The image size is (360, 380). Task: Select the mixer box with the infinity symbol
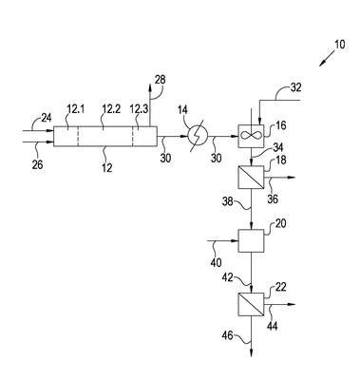point(251,137)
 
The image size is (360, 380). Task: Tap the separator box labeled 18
point(251,178)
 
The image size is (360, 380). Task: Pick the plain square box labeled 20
point(251,241)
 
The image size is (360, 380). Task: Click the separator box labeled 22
point(251,304)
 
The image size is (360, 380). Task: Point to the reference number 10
point(339,45)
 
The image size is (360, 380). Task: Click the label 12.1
point(76,109)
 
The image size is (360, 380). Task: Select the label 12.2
point(111,109)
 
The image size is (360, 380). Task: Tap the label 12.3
point(139,109)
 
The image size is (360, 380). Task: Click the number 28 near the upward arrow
point(161,80)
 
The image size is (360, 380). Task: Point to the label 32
point(295,87)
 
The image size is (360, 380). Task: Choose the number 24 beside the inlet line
point(47,118)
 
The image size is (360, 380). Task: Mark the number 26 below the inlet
point(37,164)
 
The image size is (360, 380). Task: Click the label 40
point(216,262)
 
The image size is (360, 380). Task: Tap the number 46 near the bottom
point(228,334)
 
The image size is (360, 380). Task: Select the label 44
point(273,326)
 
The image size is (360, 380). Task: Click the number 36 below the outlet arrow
point(273,199)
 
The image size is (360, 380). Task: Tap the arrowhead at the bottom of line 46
point(251,353)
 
